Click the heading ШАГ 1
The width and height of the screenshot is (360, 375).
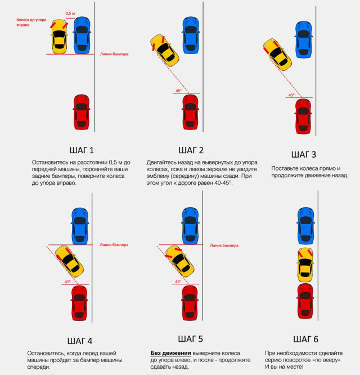point(80,150)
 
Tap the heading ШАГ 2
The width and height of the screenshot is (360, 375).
point(191,150)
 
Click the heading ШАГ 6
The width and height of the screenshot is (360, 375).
point(305,339)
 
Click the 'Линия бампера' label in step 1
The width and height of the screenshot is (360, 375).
point(114,54)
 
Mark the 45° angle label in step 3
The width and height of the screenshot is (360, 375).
point(291,95)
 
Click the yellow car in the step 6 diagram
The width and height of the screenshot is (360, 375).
point(305,265)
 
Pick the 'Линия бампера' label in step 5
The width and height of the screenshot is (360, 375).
point(223,245)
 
